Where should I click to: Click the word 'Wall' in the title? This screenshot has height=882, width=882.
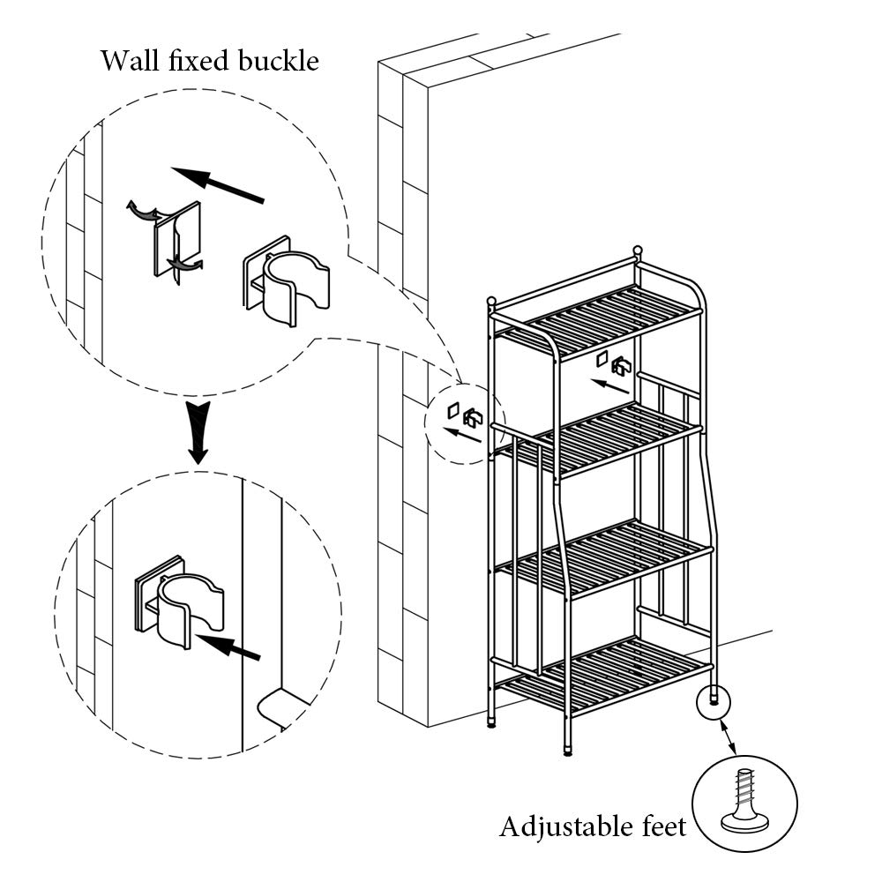click(130, 61)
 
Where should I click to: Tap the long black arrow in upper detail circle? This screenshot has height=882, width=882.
click(217, 184)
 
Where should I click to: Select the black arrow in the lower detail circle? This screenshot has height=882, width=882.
click(228, 647)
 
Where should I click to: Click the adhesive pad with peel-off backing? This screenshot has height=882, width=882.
click(176, 239)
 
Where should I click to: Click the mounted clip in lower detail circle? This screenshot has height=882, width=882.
click(179, 602)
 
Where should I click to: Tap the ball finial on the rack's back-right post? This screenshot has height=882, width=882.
click(638, 250)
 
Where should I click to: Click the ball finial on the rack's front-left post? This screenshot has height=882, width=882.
click(491, 301)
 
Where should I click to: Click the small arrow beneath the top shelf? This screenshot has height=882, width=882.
click(609, 386)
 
